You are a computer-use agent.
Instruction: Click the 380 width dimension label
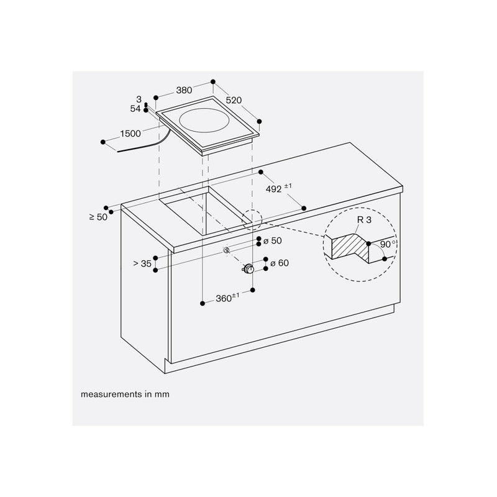point(184,90)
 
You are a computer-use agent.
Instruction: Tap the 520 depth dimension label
point(234,100)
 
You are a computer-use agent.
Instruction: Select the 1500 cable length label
point(130,134)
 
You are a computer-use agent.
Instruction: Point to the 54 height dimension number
point(135,109)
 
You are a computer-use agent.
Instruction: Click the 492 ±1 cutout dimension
point(278,188)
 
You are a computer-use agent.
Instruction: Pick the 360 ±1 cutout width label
point(227,298)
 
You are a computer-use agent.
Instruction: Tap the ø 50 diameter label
point(273,241)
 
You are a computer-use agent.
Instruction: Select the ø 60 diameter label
point(280,263)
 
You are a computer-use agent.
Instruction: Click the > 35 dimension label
point(142,263)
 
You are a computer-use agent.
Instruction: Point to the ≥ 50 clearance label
point(98,217)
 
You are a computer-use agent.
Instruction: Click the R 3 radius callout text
point(364,220)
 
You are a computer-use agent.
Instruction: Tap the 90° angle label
point(388,244)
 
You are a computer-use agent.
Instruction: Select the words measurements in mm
point(125,394)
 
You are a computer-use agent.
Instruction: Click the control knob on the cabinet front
point(248,269)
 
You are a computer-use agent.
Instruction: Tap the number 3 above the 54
point(139,99)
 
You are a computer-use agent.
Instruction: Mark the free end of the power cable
point(118,152)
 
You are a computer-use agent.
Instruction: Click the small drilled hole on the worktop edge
point(226,250)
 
